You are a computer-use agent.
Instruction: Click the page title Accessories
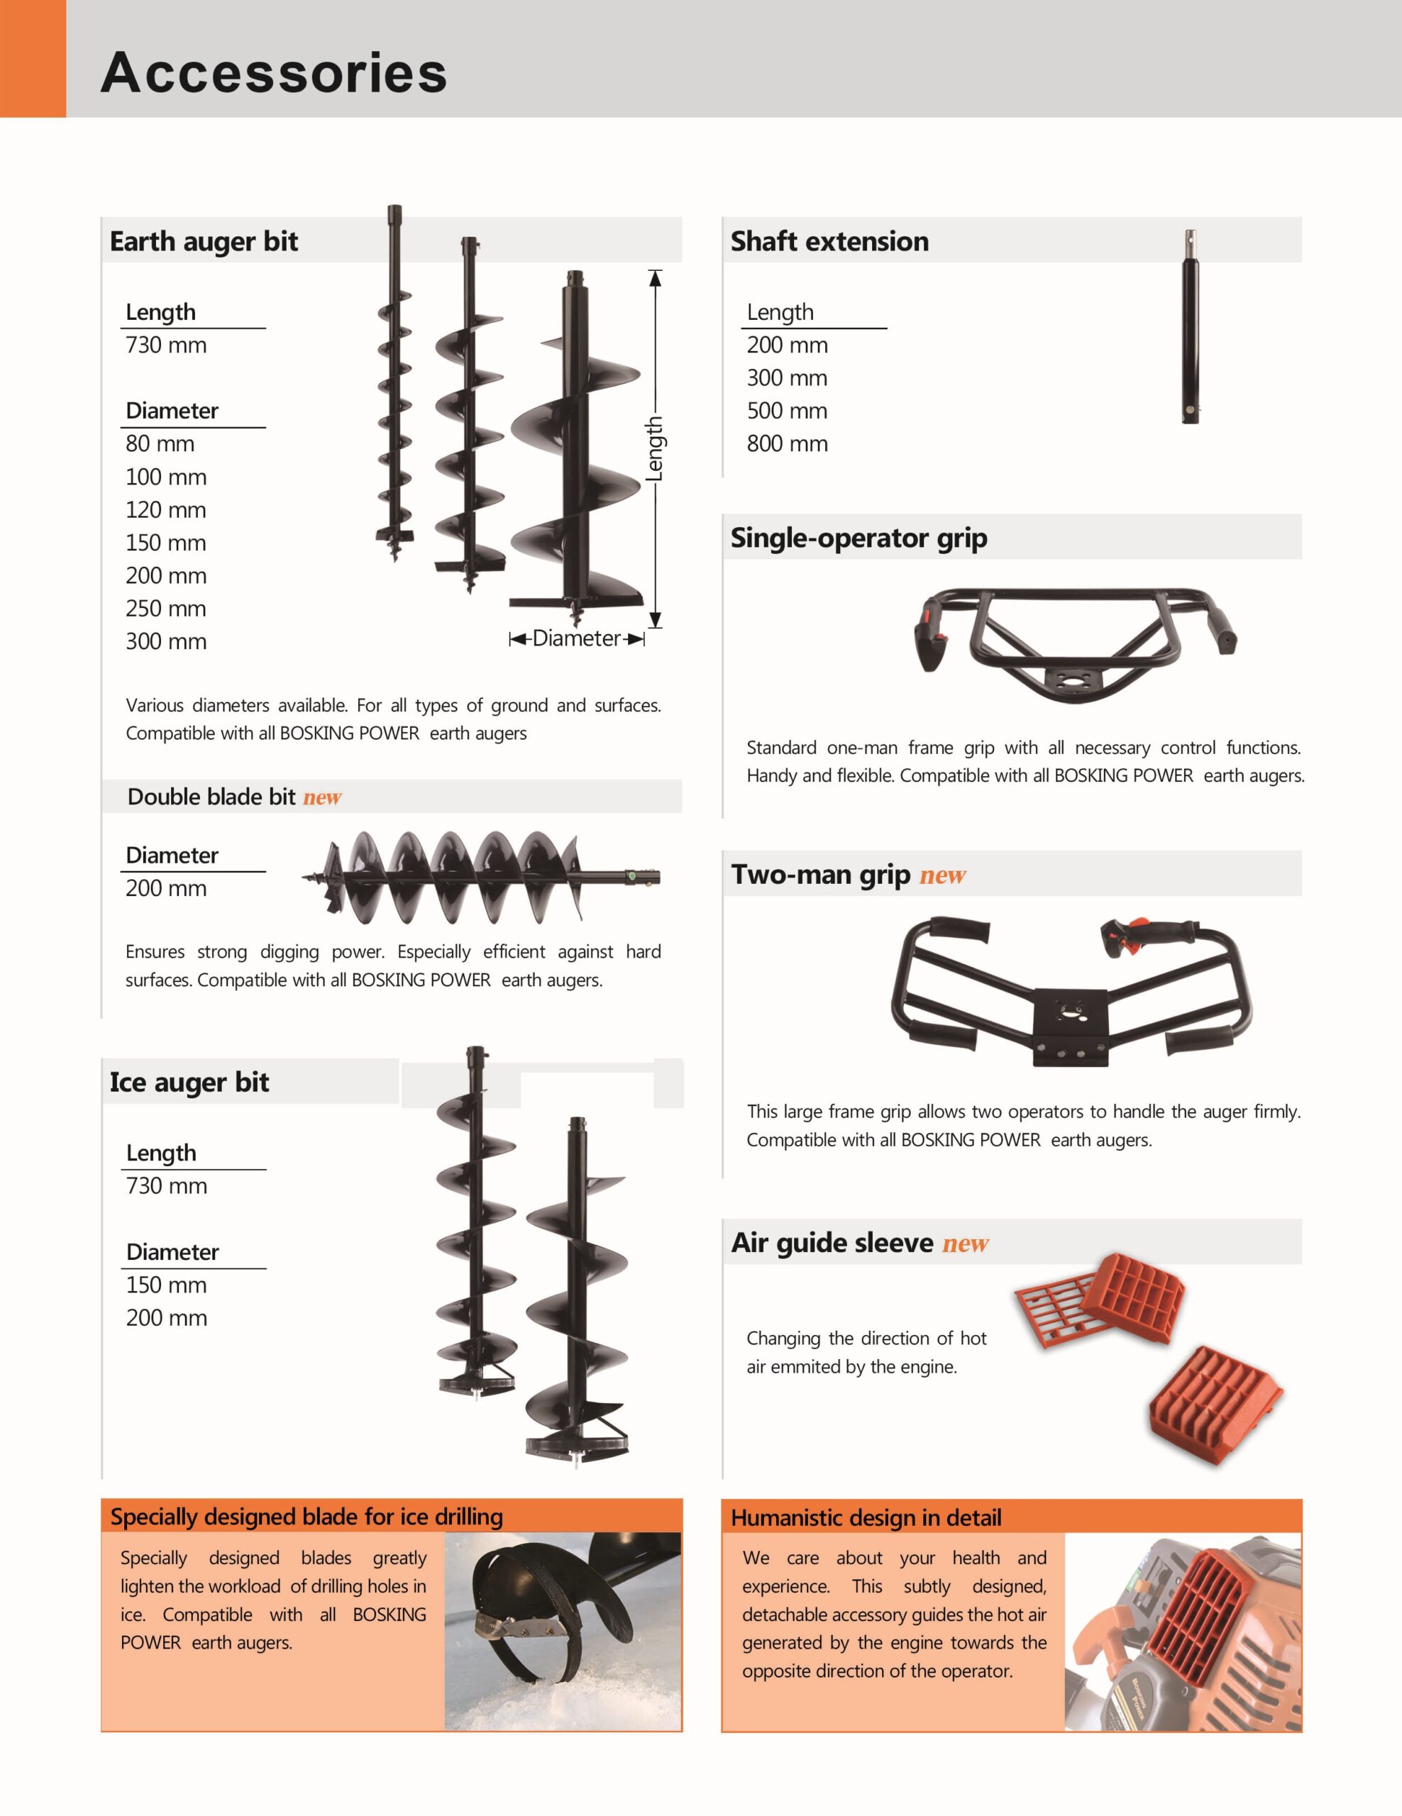click(x=274, y=72)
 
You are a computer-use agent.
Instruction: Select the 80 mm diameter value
click(x=160, y=444)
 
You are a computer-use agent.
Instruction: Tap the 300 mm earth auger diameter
click(x=165, y=641)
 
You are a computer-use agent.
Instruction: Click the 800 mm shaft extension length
click(x=787, y=444)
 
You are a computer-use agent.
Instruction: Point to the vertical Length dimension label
click(x=656, y=448)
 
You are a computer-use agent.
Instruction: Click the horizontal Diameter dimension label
click(x=576, y=638)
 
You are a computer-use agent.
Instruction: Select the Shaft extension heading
click(x=829, y=241)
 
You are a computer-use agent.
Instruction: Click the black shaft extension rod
click(x=1191, y=327)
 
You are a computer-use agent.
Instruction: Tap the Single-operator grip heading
click(x=859, y=538)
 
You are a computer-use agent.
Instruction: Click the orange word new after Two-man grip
click(x=943, y=875)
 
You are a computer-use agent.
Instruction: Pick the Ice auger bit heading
click(x=189, y=1083)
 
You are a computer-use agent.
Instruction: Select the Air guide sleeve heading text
click(x=832, y=1243)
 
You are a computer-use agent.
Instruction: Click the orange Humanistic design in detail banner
click(x=1011, y=1517)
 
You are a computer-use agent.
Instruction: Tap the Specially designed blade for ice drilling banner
click(x=392, y=1517)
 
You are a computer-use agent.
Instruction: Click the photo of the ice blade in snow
click(x=563, y=1632)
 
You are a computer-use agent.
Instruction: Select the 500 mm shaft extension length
click(x=787, y=411)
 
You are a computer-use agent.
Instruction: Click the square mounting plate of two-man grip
click(x=1071, y=1028)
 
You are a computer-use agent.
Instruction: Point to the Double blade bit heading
click(x=211, y=797)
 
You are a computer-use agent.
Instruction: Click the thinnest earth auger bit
click(x=394, y=383)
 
